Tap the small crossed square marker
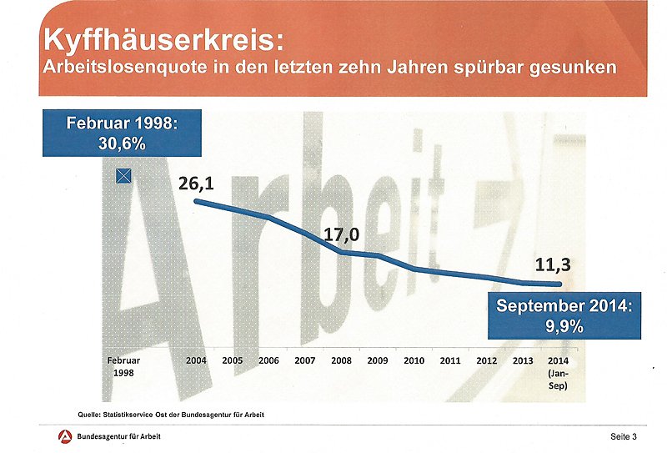click(x=123, y=175)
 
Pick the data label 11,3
click(x=552, y=267)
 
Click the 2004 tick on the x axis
click(x=196, y=360)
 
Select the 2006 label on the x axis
click(x=268, y=360)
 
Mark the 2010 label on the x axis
click(x=414, y=360)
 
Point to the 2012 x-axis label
click(x=486, y=360)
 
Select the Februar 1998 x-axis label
click(x=123, y=366)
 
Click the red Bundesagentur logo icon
click(x=63, y=436)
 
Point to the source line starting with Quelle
click(x=171, y=415)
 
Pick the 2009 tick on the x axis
click(x=377, y=360)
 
